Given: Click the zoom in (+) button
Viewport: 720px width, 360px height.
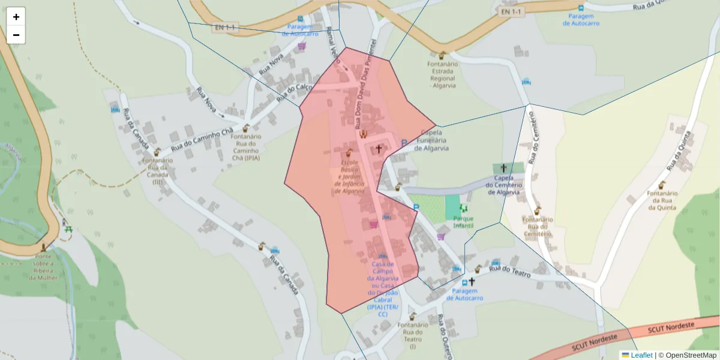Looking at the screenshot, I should pyautogui.click(x=16, y=17).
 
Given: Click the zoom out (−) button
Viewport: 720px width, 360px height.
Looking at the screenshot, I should pyautogui.click(x=16, y=35).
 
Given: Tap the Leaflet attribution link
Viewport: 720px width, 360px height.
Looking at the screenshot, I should pyautogui.click(x=641, y=355).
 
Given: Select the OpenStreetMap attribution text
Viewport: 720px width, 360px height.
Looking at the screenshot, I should pyautogui.click(x=691, y=355).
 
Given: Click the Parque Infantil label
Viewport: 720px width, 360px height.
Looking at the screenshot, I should pyautogui.click(x=463, y=222).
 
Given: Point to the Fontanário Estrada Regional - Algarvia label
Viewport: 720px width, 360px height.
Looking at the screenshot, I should pyautogui.click(x=442, y=74).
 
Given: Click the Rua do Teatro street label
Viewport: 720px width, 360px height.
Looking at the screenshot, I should pyautogui.click(x=510, y=272).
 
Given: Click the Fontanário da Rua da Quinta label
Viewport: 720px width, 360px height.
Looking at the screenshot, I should pyautogui.click(x=662, y=200).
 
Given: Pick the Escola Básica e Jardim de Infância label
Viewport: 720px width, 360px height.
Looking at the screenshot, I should pyautogui.click(x=349, y=177).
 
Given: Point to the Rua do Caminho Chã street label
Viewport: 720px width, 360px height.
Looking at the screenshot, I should pyautogui.click(x=202, y=140).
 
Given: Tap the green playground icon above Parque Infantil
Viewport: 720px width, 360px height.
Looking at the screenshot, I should pyautogui.click(x=463, y=208).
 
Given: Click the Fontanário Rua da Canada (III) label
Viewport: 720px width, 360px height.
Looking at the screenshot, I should pyautogui.click(x=158, y=170).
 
